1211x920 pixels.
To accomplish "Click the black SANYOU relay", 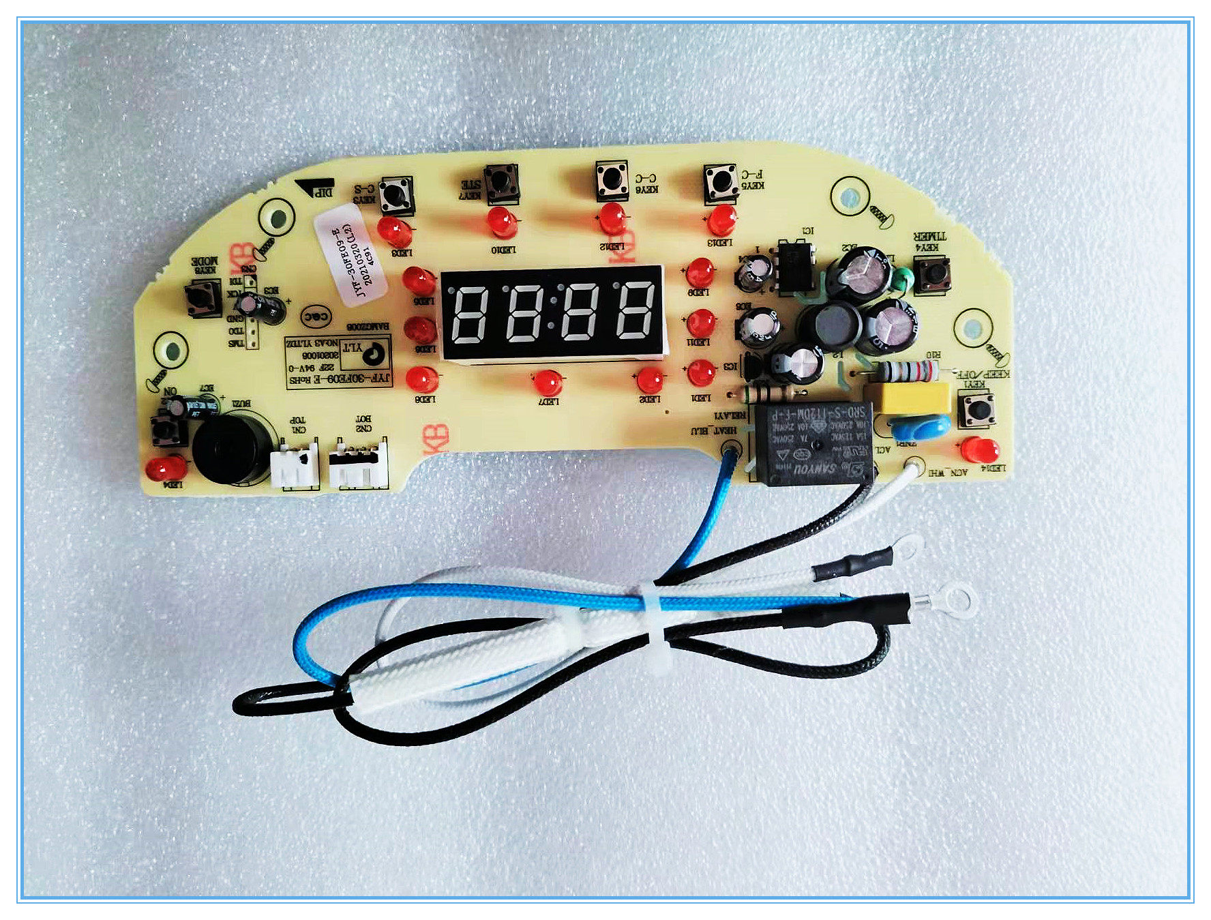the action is tap(812, 443).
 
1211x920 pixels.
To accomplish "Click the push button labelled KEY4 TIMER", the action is tap(932, 274).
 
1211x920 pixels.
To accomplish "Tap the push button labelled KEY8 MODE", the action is tap(203, 298).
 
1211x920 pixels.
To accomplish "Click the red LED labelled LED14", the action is tap(980, 450).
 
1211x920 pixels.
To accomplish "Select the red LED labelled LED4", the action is tap(166, 469).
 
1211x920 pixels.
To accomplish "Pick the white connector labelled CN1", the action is tap(295, 466).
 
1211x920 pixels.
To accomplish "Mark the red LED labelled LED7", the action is tap(548, 383).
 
